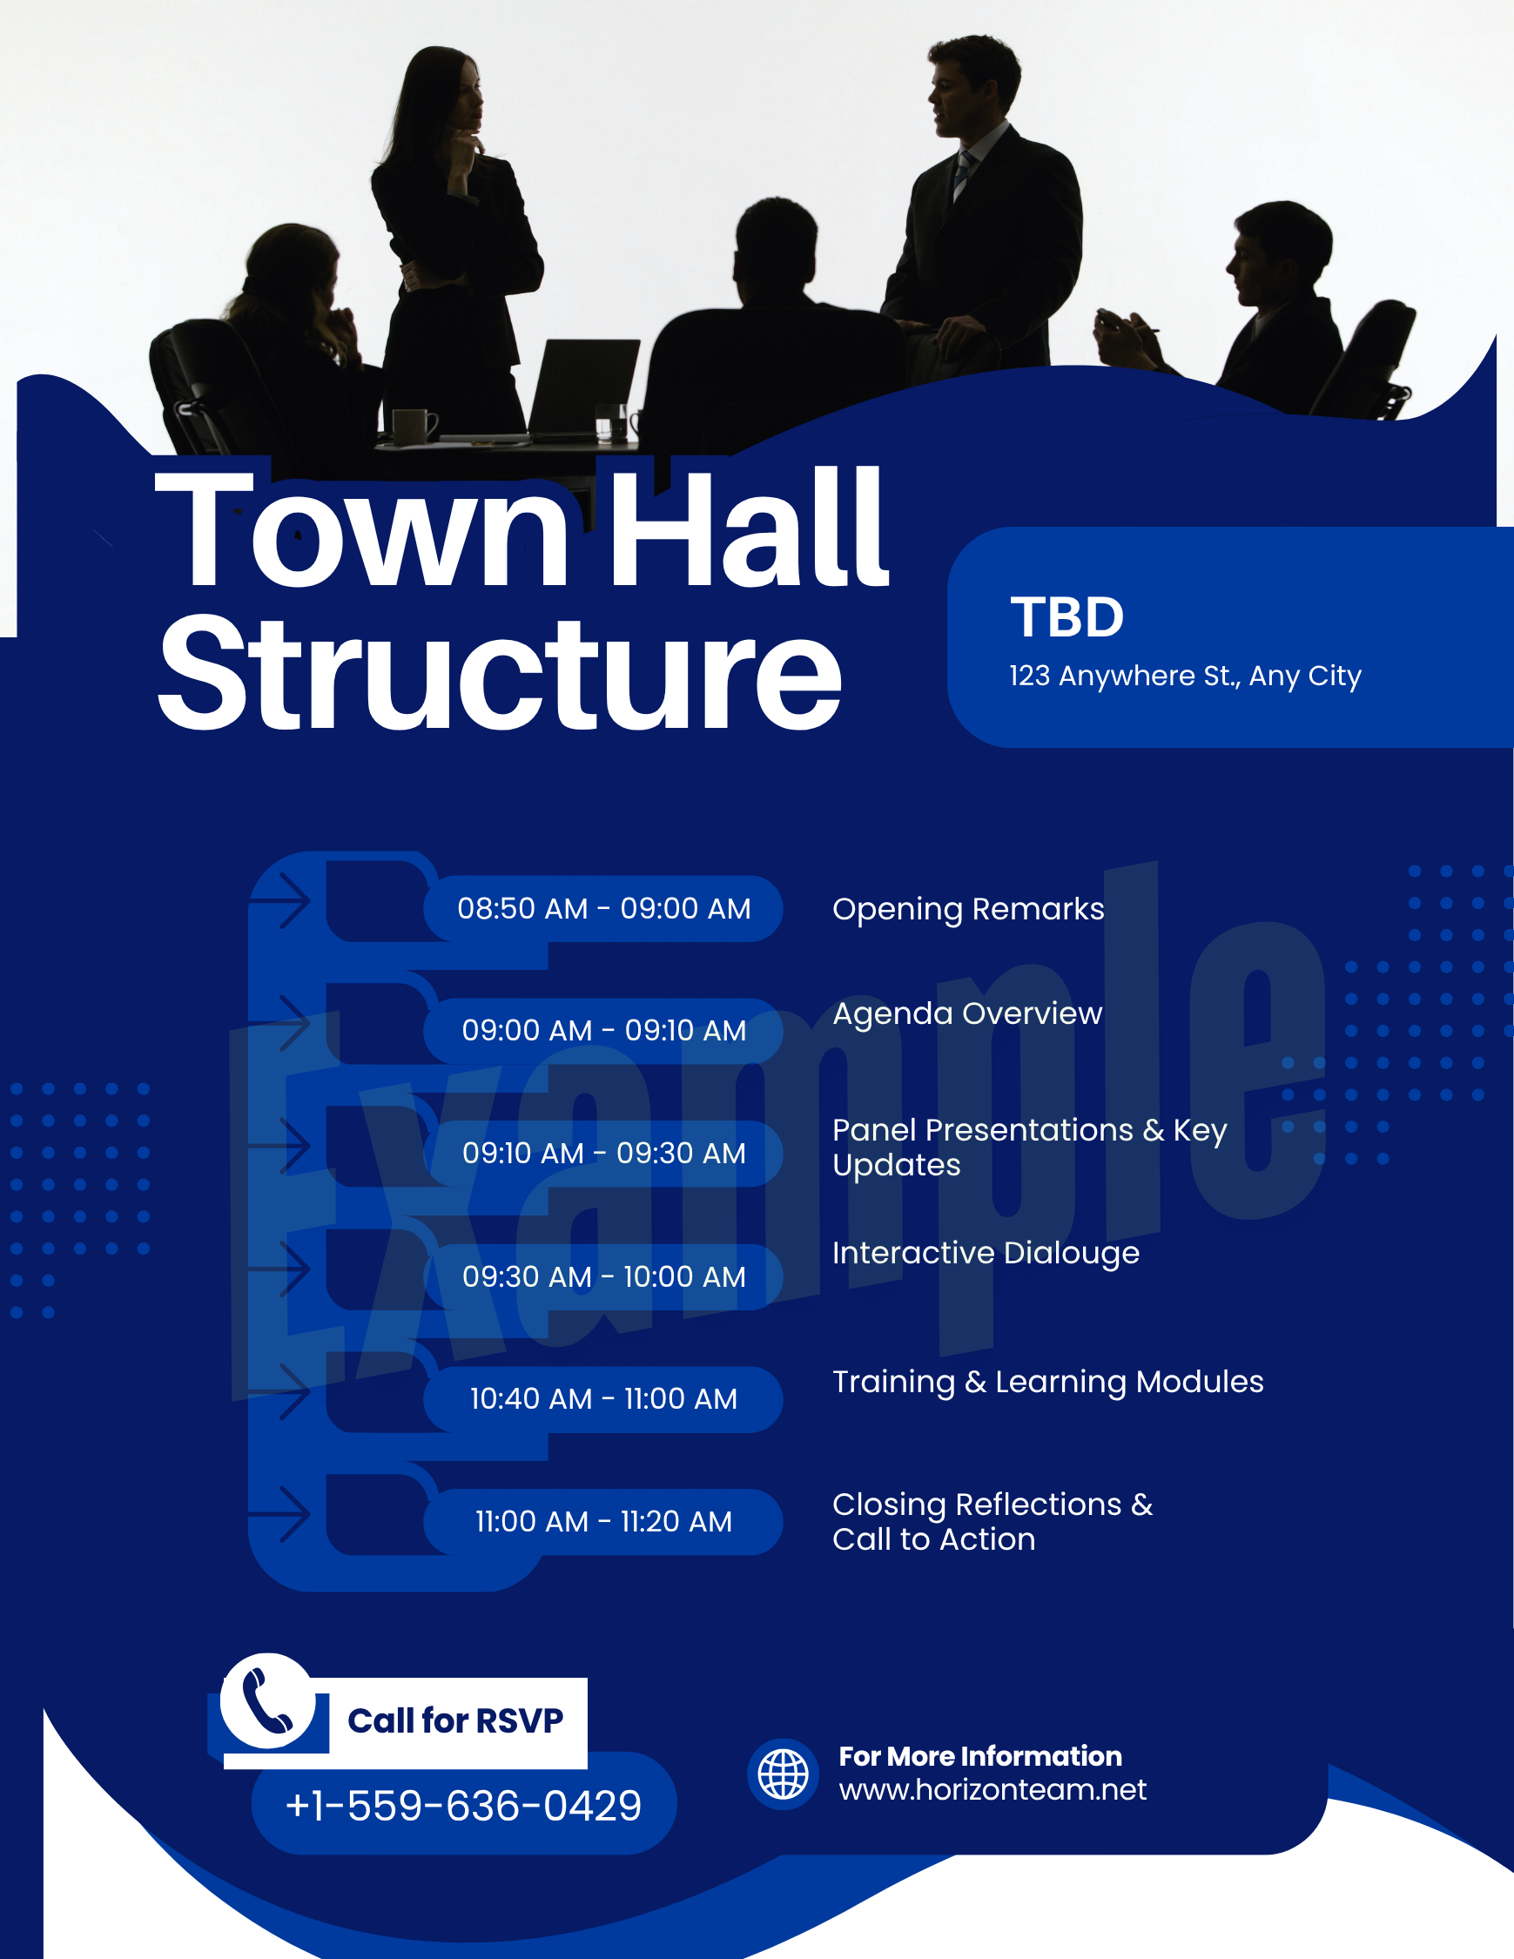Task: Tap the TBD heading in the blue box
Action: tap(1067, 617)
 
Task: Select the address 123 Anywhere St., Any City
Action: tap(1185, 677)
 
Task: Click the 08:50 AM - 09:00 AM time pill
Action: tap(602, 909)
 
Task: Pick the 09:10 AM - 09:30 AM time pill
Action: tap(602, 1154)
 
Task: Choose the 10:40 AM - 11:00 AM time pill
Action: tap(602, 1399)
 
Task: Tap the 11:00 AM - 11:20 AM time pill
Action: tap(602, 1522)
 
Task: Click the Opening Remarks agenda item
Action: tap(969, 910)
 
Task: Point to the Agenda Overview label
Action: tap(968, 1014)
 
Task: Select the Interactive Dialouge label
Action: tap(986, 1254)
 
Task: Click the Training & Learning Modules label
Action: tap(1047, 1383)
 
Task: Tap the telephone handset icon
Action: tap(267, 1701)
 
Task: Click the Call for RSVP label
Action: tap(455, 1721)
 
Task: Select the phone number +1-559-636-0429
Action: tap(463, 1806)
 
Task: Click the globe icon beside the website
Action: tap(783, 1774)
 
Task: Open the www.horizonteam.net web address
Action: tap(993, 1790)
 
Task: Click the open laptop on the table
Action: tap(582, 388)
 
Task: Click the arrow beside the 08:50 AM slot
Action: tap(279, 899)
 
